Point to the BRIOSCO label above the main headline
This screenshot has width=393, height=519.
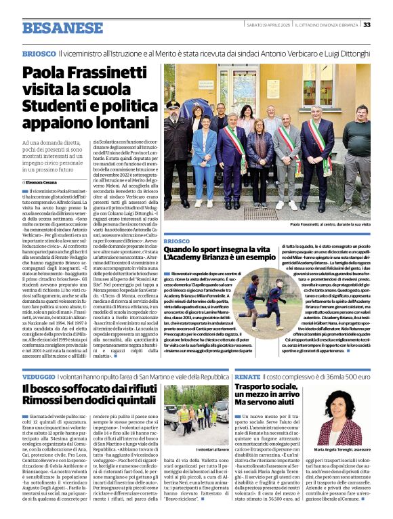click(39, 53)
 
